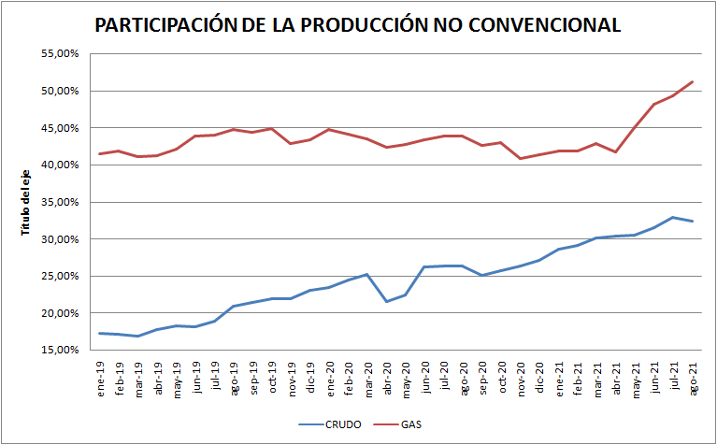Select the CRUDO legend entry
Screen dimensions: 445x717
click(342, 424)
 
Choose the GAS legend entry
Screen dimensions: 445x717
click(411, 424)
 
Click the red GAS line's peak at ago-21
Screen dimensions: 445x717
click(692, 82)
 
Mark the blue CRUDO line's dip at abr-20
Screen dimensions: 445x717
click(386, 301)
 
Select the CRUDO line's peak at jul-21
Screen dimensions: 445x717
click(672, 218)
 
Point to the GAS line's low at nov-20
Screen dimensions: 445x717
click(520, 158)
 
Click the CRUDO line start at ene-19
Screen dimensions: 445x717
click(101, 333)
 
